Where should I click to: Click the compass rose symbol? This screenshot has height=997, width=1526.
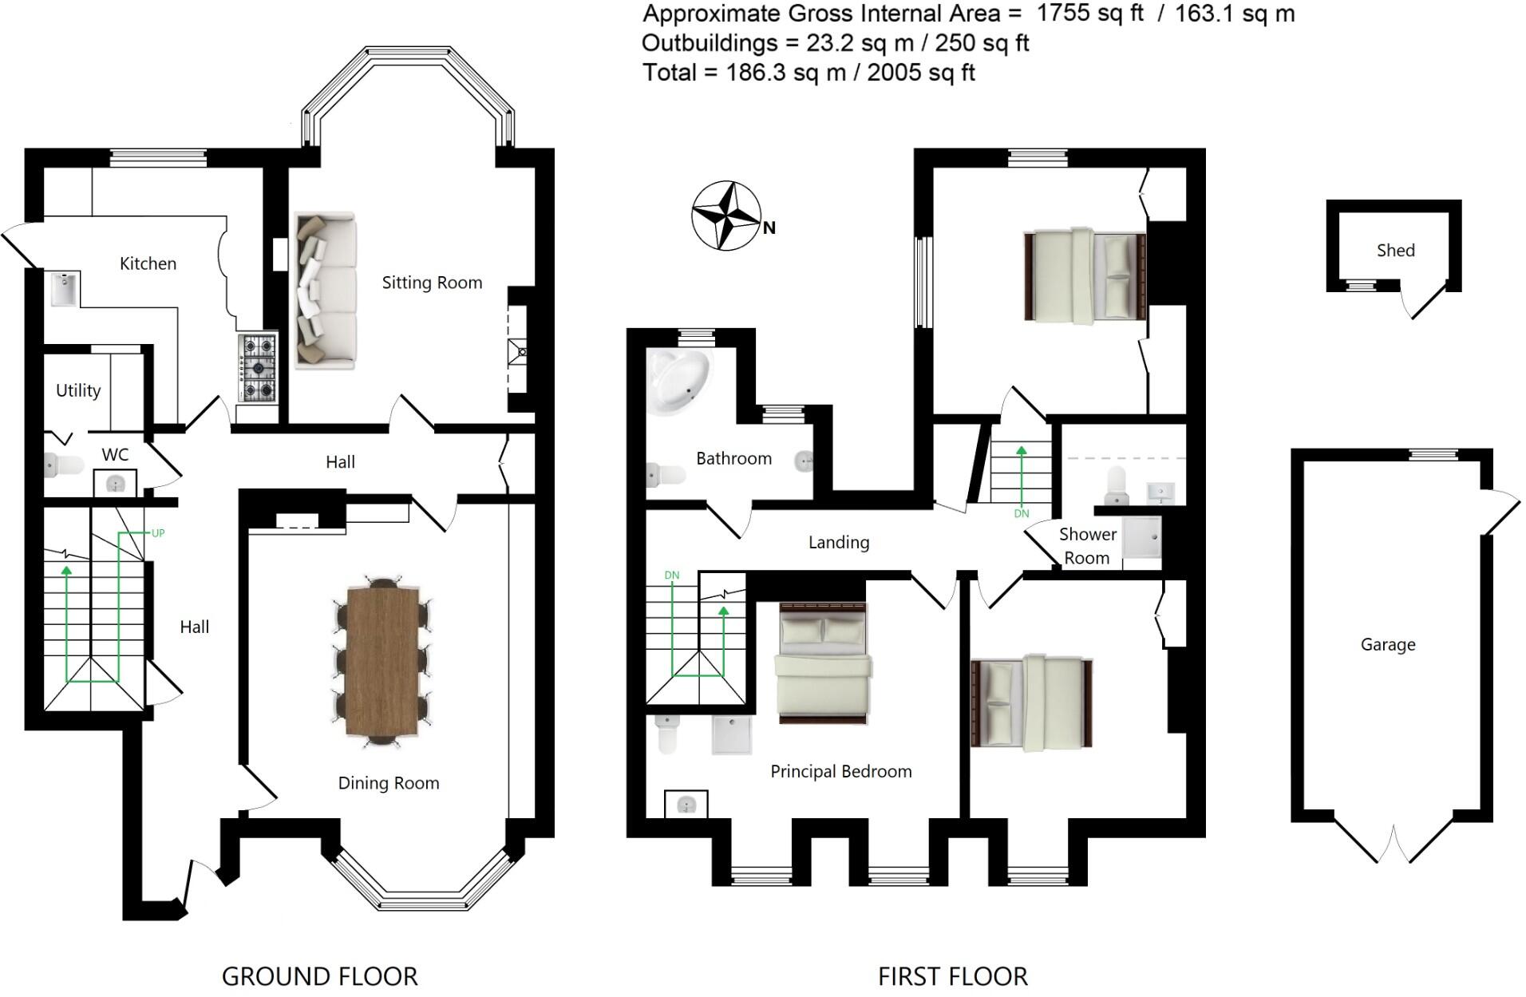pyautogui.click(x=725, y=216)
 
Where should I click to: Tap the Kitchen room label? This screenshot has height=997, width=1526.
pyautogui.click(x=148, y=263)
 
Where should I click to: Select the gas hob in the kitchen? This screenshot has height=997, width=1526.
pyautogui.click(x=258, y=368)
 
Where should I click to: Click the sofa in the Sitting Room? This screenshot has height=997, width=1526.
pyautogui.click(x=326, y=291)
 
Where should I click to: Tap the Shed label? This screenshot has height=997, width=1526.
pyautogui.click(x=1395, y=251)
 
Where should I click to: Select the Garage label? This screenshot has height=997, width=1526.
pyautogui.click(x=1387, y=644)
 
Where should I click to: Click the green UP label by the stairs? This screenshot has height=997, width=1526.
pyautogui.click(x=158, y=533)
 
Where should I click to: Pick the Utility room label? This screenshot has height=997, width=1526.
pyautogui.click(x=78, y=390)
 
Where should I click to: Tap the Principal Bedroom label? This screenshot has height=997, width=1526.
pyautogui.click(x=840, y=771)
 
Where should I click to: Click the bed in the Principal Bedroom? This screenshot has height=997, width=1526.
pyautogui.click(x=823, y=663)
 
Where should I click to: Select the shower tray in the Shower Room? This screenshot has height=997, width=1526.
pyautogui.click(x=1142, y=536)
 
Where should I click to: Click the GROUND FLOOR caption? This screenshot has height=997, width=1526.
pyautogui.click(x=319, y=976)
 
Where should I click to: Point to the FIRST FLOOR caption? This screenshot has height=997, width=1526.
pyautogui.click(x=952, y=976)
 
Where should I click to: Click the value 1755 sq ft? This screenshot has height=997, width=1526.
pyautogui.click(x=1089, y=14)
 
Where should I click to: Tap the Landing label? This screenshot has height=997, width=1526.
pyautogui.click(x=838, y=543)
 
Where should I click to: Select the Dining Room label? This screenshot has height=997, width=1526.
pyautogui.click(x=389, y=783)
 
